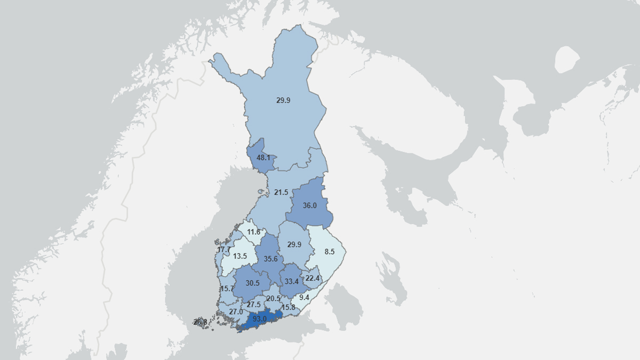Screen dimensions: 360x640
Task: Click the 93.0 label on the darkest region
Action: pos(260,319)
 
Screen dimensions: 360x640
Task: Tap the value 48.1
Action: pos(263,158)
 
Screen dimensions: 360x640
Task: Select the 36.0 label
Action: pos(309,205)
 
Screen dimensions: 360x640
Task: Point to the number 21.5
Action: pos(281,192)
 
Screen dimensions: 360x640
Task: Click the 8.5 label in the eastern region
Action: pos(329,251)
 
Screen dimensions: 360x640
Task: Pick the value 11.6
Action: pos(253,232)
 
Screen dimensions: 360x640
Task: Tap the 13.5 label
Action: pos(240,256)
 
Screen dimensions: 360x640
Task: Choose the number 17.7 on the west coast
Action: pos(223,250)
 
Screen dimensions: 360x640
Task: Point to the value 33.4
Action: pos(291,282)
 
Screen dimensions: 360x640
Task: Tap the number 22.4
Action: pos(312,278)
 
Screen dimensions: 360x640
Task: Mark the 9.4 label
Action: pos(305,297)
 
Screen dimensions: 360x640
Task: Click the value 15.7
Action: pos(228,289)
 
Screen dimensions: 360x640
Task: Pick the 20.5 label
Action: pos(274,299)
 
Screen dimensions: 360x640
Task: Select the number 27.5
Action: pos(254,305)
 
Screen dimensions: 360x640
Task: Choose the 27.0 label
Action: pos(236,311)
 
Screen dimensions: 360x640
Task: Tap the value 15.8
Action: pos(288,307)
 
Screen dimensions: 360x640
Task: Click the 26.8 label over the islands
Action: pos(200,322)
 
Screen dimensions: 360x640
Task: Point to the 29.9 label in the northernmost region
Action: pos(283,100)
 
